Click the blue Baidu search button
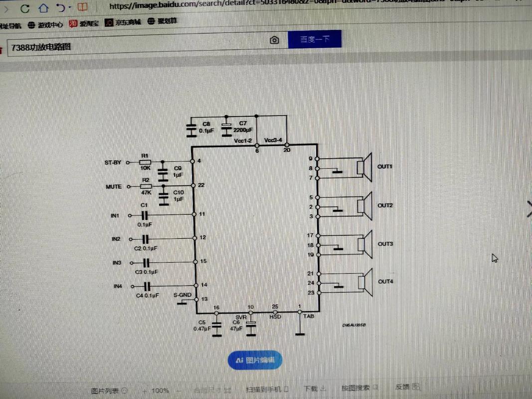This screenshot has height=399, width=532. point(314,39)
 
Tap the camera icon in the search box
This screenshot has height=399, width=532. point(274,40)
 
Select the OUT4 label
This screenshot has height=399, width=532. point(385,282)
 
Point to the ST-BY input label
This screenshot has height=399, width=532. point(113,163)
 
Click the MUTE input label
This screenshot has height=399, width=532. point(113,187)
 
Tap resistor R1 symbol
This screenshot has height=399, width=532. point(145,162)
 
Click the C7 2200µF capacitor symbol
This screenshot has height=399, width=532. point(227,130)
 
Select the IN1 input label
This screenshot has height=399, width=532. point(115,215)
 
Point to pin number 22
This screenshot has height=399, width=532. point(201,185)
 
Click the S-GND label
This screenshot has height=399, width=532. point(182,295)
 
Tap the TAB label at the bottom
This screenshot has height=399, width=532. point(308,316)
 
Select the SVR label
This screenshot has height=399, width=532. point(241,317)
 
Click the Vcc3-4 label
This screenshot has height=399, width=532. point(272,140)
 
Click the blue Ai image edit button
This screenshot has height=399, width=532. point(255,360)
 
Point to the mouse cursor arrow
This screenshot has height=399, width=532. point(495,258)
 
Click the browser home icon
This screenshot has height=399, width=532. point(43,7)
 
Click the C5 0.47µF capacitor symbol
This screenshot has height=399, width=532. point(216,329)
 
